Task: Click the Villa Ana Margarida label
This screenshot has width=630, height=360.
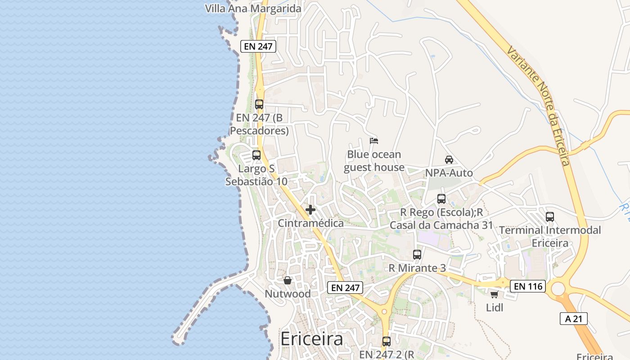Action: (253, 9)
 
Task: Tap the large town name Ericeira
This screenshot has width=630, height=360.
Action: (311, 339)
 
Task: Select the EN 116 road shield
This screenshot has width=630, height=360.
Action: (527, 286)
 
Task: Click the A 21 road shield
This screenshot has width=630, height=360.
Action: (574, 319)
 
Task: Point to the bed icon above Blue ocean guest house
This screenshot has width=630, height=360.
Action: (373, 140)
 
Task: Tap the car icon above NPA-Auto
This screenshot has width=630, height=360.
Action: (449, 159)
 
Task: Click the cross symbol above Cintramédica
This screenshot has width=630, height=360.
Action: (310, 210)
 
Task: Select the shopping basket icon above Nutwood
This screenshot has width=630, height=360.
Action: (288, 280)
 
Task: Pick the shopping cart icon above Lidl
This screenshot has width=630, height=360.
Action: (494, 294)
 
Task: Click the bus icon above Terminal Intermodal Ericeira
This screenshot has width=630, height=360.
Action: (549, 216)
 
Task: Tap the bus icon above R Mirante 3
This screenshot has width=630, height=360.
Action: (417, 254)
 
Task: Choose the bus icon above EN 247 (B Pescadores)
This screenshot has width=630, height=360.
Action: (259, 104)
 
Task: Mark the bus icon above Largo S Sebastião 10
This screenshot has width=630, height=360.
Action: (256, 155)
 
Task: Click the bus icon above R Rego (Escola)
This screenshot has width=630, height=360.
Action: (441, 198)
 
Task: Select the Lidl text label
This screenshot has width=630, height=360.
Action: (495, 308)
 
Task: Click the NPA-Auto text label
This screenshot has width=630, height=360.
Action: (449, 173)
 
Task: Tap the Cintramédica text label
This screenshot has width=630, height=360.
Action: (310, 223)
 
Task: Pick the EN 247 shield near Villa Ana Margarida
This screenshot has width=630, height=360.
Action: (258, 46)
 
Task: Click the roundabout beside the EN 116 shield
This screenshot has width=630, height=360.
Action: (558, 288)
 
